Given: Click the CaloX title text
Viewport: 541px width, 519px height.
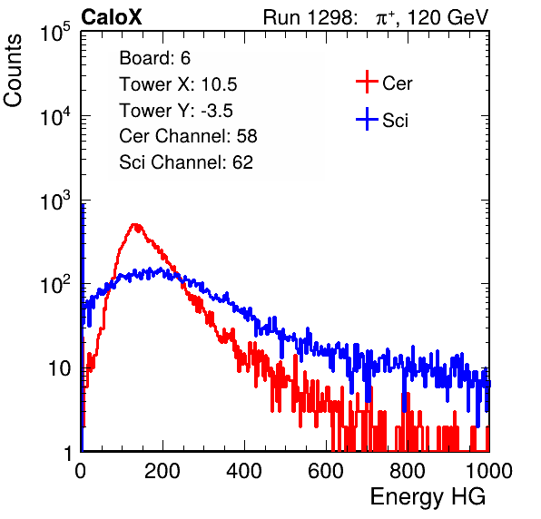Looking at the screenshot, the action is (x=112, y=17).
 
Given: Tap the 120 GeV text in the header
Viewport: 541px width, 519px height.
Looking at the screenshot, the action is (x=448, y=17).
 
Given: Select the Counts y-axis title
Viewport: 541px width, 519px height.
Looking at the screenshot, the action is (x=13, y=71).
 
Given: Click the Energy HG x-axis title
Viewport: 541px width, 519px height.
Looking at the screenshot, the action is (x=428, y=497).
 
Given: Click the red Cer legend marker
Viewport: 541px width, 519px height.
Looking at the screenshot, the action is (x=367, y=82).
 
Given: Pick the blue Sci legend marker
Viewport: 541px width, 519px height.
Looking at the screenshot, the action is (x=367, y=120).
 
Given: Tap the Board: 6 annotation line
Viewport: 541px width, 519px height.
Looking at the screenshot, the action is (x=154, y=58).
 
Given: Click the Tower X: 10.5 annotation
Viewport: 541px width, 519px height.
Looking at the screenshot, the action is (x=178, y=84).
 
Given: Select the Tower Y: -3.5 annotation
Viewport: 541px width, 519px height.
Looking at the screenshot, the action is (x=176, y=111).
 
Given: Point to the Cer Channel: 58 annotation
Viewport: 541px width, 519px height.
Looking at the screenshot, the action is (x=188, y=136).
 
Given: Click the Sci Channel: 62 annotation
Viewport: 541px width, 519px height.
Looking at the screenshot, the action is (x=186, y=162).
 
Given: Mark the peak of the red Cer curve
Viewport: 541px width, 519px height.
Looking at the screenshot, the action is (x=135, y=224).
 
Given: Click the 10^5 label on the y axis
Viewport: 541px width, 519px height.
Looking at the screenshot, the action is (x=55, y=33).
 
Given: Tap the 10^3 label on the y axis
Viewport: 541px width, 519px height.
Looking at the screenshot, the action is (x=55, y=201).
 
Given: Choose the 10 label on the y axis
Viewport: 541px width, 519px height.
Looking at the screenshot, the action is (x=59, y=368).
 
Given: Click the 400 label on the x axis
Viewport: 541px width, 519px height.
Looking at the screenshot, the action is (x=244, y=471).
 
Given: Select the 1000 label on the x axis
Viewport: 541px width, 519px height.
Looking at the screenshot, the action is (x=489, y=471).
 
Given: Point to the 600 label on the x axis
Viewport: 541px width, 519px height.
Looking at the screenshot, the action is (x=326, y=471).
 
